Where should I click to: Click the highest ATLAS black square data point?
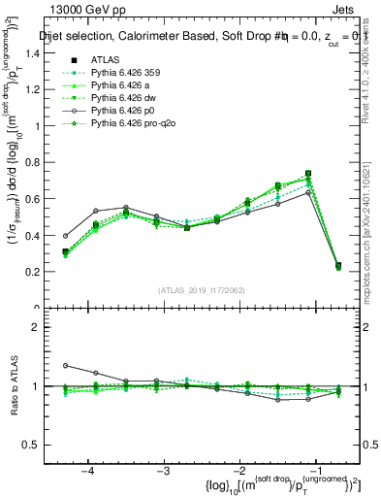click(308, 174)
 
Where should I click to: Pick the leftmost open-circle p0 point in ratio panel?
click(66, 366)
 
